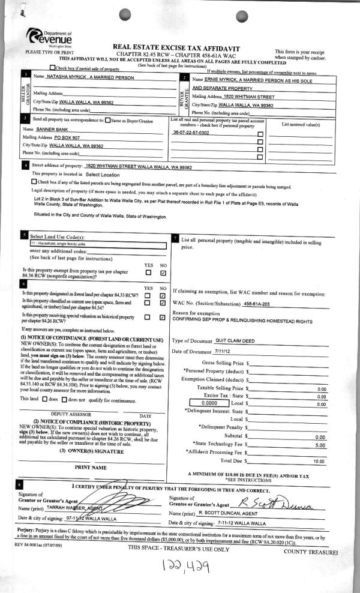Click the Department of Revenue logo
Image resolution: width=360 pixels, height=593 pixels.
point(49,37)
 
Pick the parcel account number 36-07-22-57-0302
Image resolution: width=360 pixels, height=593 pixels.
point(191,132)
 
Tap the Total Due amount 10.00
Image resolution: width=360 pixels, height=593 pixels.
point(320,460)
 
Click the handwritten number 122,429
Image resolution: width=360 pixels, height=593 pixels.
point(181,567)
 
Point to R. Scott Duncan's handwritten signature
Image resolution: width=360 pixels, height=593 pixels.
point(282,501)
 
